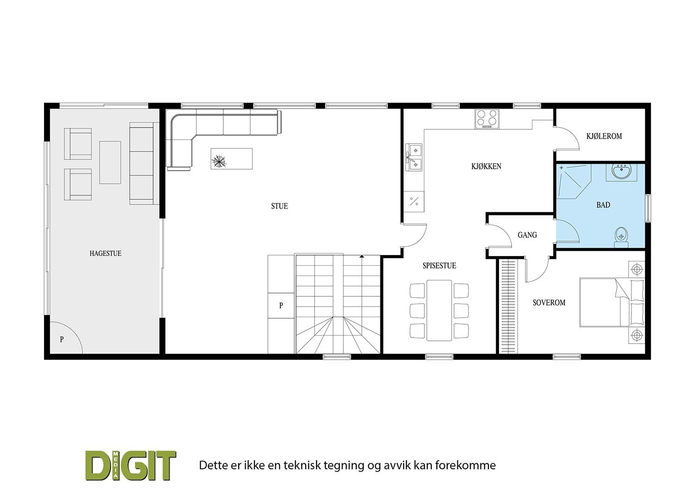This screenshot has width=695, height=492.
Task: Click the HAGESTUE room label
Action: tap(105, 254)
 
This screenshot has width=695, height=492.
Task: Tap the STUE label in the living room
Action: tap(279, 206)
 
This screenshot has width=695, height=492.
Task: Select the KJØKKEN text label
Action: tap(486, 166)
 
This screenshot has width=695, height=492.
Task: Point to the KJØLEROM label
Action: tap(604, 136)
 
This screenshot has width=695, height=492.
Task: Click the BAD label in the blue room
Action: tap(603, 205)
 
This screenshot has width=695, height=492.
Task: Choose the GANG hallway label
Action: tap(527, 235)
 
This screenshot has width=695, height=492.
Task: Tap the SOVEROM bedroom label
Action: tap(549, 303)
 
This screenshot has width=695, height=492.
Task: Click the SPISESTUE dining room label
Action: tap(439, 266)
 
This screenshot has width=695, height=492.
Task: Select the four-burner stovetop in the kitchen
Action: tap(486, 119)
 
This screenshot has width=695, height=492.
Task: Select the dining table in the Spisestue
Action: tap(439, 310)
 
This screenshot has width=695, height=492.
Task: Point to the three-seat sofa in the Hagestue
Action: tap(141, 163)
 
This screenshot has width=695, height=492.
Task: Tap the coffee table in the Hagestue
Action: tap(110, 162)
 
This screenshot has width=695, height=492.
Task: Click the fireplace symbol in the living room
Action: tap(218, 161)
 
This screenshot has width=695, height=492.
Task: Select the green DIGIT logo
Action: tap(131, 465)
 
